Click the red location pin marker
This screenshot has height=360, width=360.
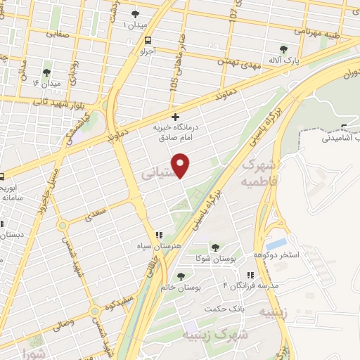(182, 165)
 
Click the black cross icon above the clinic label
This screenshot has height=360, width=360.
(175, 117)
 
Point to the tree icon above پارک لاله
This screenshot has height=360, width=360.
(284, 49)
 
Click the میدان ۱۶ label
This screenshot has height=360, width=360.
(47, 84)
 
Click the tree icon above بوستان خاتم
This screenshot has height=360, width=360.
(181, 276)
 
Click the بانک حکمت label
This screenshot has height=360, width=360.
(219, 309)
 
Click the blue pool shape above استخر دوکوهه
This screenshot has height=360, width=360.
(276, 243)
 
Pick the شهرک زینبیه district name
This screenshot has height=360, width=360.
(226, 335)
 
